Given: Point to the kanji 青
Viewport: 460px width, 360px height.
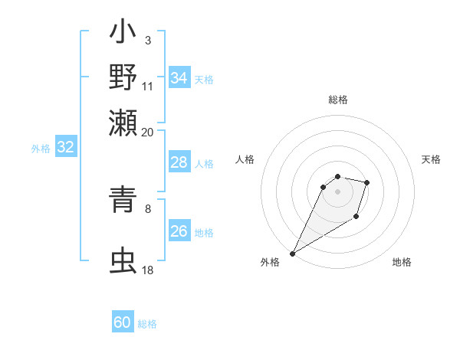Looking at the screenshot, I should pyautogui.click(x=123, y=198).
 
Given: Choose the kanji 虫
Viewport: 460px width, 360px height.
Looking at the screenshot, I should pyautogui.click(x=123, y=260).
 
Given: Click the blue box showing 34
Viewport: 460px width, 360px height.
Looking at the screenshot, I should pyautogui.click(x=179, y=78).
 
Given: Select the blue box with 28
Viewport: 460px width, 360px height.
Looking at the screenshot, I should pyautogui.click(x=179, y=162).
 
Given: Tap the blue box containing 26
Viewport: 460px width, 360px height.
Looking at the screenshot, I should pyautogui.click(x=179, y=231).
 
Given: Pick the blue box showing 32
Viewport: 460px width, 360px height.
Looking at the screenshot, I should pyautogui.click(x=66, y=148).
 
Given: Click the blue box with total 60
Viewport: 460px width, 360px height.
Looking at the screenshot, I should pyautogui.click(x=123, y=322).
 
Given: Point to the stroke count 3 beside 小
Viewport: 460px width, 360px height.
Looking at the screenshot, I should pyautogui.click(x=147, y=40).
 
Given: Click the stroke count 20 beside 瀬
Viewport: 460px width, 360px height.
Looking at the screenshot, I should pyautogui.click(x=147, y=132).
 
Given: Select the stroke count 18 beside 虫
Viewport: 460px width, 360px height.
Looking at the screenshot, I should pyautogui.click(x=147, y=270).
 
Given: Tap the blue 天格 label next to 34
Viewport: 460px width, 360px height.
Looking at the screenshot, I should pyautogui.click(x=204, y=80).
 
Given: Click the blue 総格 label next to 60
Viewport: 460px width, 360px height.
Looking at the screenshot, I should pyautogui.click(x=147, y=324).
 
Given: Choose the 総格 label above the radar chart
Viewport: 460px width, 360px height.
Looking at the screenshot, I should pyautogui.click(x=337, y=100).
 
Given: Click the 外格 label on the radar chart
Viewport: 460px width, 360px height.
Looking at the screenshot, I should pyautogui.click(x=270, y=262).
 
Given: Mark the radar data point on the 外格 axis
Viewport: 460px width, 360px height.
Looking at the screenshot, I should pyautogui.click(x=293, y=253).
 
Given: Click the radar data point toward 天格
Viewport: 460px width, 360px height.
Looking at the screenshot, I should pyautogui.click(x=367, y=182).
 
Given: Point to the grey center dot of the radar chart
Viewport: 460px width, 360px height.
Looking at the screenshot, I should pyautogui.click(x=337, y=191).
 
